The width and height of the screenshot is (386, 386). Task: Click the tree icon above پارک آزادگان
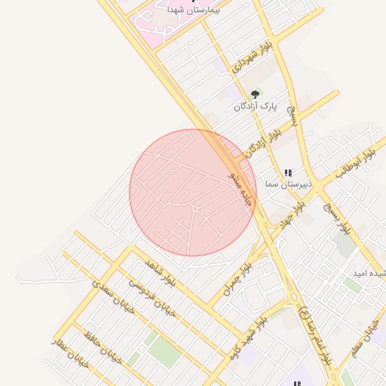pos(255,94)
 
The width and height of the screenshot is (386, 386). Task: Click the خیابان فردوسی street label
pos(150,299)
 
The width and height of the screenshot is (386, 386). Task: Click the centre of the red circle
pos(192,192)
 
